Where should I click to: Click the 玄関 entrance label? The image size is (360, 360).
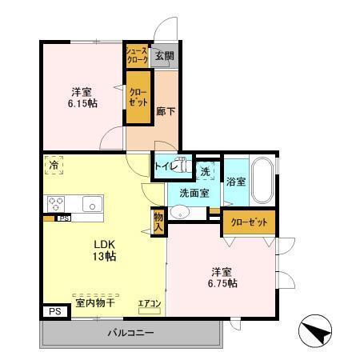[164, 56]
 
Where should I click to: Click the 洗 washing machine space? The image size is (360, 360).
[206, 170]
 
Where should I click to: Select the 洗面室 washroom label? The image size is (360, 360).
[194, 192]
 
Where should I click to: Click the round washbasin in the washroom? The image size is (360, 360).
[181, 212]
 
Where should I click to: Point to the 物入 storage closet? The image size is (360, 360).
[158, 221]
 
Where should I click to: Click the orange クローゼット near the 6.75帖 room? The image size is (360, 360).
[249, 222]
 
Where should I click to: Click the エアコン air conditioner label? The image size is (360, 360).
[150, 303]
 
